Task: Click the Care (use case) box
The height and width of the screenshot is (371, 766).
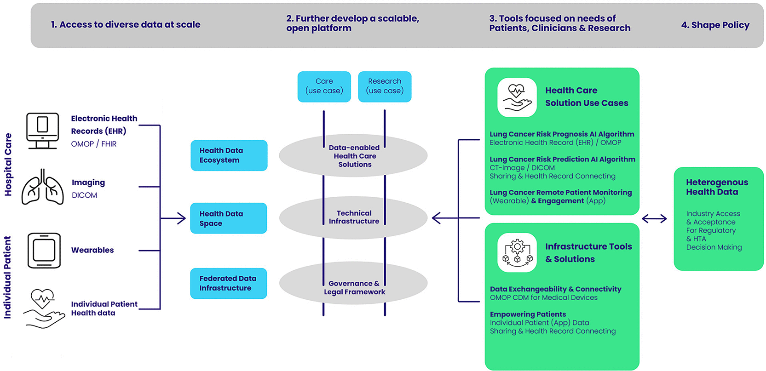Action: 324,86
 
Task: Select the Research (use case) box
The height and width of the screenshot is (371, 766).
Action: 385,86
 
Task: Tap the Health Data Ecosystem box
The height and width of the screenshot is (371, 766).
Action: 229,155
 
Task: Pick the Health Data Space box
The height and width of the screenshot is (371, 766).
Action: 229,218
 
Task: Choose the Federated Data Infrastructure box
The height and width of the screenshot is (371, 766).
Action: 229,284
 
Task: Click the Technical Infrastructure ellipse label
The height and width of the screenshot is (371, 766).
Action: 354,217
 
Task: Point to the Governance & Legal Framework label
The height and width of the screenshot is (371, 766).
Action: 354,288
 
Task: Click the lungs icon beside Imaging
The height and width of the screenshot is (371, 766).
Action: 43,187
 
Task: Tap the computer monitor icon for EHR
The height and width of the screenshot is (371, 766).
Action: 42,131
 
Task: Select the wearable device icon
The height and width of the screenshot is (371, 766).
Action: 44,251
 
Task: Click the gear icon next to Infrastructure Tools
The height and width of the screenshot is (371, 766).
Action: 517,252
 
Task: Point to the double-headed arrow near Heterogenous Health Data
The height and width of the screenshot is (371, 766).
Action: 654,218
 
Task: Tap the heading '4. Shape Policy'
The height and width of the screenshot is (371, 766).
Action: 715,25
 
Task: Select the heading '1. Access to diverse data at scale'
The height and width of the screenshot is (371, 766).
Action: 126,25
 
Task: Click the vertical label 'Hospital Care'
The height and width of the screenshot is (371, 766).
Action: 8,164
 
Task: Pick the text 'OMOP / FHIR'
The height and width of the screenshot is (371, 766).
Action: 94,144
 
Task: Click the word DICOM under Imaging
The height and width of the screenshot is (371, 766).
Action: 85,195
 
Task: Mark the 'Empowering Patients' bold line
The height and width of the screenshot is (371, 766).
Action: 528,314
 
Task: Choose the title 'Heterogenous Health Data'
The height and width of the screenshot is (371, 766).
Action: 717,187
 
